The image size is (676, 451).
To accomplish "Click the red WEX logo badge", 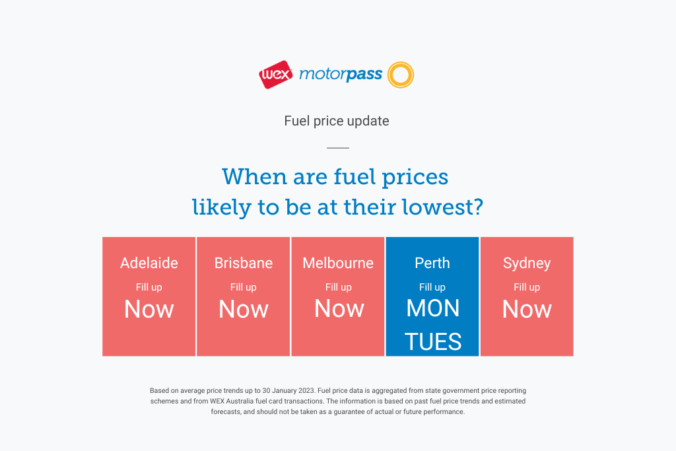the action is (x=276, y=75).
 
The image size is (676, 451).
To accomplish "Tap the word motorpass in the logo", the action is (x=341, y=75).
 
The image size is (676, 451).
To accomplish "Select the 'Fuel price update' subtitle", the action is (x=337, y=121).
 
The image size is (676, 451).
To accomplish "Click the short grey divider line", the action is (x=338, y=148).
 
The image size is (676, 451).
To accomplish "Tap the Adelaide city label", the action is (x=149, y=263).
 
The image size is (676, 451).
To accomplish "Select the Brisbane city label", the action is (x=244, y=263).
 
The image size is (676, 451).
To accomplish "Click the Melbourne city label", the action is (x=338, y=263).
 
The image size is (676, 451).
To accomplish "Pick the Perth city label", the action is (x=432, y=263).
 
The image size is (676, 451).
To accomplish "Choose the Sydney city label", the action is (x=527, y=263).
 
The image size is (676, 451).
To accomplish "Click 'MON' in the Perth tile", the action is (x=433, y=309).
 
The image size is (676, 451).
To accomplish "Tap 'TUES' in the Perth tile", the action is (x=433, y=342).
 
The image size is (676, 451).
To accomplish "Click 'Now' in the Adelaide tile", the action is (x=149, y=309).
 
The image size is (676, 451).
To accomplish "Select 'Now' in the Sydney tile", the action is (x=527, y=309).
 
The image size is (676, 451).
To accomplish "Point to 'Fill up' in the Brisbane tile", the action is (x=244, y=287).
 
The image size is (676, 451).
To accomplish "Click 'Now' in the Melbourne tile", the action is (x=339, y=309).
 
